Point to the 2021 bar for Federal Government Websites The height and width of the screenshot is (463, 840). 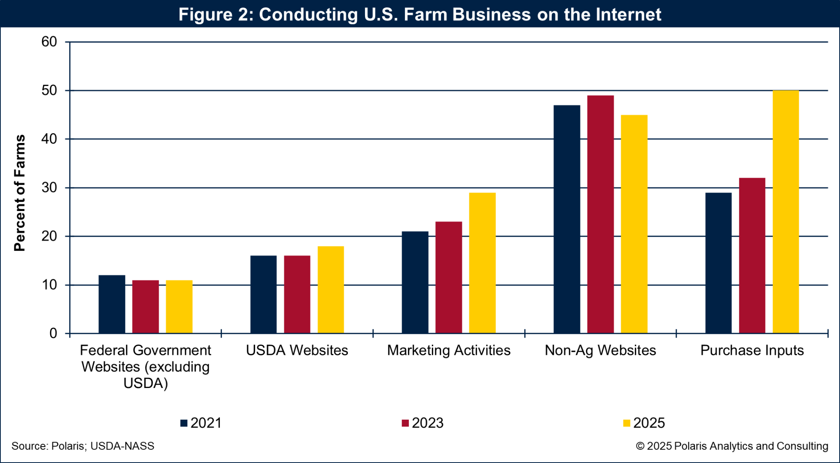pyautogui.click(x=112, y=304)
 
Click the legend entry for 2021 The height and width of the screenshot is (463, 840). pyautogui.click(x=201, y=423)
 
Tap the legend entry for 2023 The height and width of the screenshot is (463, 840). pyautogui.click(x=422, y=423)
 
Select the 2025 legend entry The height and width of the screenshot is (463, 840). pyautogui.click(x=644, y=423)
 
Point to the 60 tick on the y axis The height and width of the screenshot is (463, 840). pyautogui.click(x=49, y=42)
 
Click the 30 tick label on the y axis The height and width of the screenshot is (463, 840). pyautogui.click(x=49, y=188)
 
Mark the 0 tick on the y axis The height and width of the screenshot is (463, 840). pyautogui.click(x=53, y=334)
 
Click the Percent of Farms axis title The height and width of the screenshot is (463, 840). pyautogui.click(x=20, y=193)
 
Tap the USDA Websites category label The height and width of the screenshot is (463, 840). pyautogui.click(x=297, y=350)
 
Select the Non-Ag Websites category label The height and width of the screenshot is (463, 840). pyautogui.click(x=600, y=350)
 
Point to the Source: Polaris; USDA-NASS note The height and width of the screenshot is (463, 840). pyautogui.click(x=83, y=446)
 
